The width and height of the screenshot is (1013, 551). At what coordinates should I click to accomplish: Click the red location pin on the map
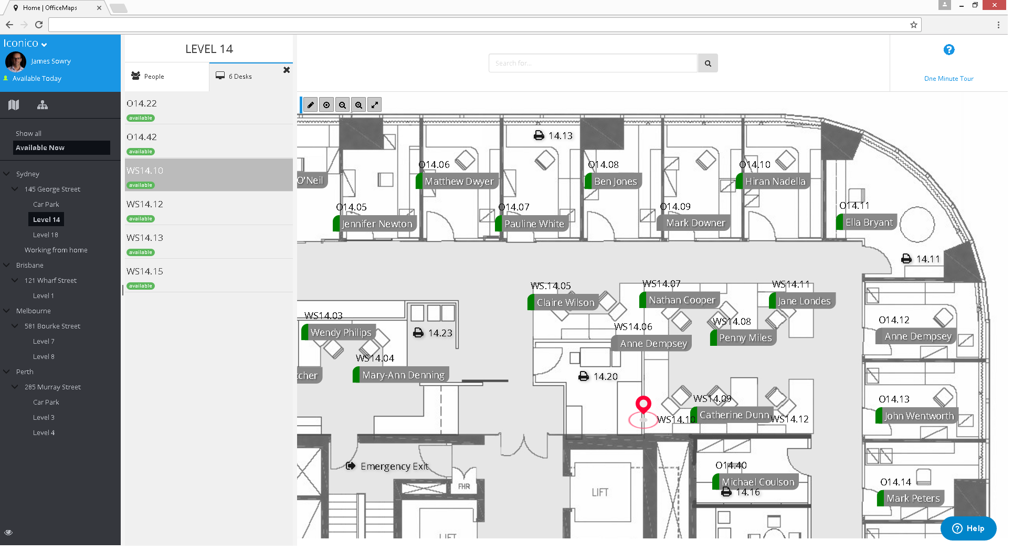643,405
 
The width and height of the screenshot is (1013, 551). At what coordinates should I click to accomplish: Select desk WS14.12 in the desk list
145,204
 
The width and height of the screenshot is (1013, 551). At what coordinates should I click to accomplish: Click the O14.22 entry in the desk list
142,103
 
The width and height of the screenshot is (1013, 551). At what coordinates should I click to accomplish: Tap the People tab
154,77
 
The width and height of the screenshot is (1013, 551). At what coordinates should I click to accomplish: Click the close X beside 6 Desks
287,70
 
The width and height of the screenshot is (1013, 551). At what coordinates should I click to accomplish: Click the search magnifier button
708,63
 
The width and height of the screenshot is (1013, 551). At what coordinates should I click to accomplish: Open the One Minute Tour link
948,79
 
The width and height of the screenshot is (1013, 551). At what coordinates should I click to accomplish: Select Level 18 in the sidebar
46,235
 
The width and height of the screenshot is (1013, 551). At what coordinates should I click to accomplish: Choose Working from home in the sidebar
56,250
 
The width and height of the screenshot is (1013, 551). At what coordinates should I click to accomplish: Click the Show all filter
29,134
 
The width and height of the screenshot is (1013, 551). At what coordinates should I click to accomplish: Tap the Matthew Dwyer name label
459,182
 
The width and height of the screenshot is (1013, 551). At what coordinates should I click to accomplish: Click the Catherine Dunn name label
734,415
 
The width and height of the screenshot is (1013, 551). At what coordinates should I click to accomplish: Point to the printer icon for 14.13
539,135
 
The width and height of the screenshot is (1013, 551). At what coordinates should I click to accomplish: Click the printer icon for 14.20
584,376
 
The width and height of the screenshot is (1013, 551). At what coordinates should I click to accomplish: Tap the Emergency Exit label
394,467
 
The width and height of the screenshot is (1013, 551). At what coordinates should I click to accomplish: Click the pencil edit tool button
311,105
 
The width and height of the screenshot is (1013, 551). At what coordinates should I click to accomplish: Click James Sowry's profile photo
16,62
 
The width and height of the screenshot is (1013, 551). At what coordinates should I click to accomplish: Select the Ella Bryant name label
869,222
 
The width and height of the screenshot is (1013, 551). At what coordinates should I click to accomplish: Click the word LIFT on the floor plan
600,492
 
